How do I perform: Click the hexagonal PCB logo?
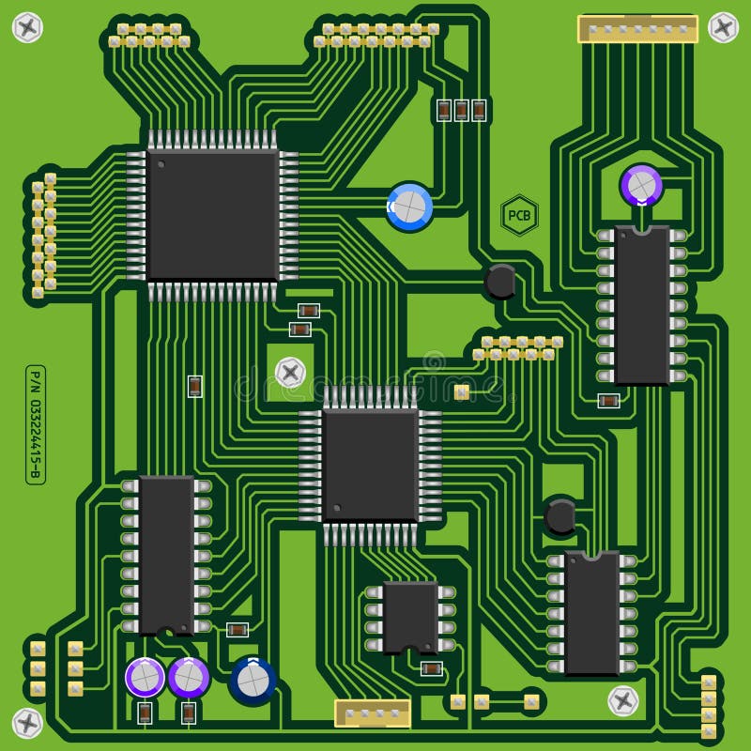(519, 216)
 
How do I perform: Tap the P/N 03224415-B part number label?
(35, 424)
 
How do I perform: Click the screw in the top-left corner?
(27, 27)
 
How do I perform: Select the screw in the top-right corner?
(723, 27)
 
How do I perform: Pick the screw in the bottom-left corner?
(27, 723)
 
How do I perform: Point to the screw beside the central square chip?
(290, 373)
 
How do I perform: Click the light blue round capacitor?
(410, 207)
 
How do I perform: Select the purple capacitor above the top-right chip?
(641, 185)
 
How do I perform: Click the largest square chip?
(213, 215)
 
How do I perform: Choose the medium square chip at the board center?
(370, 465)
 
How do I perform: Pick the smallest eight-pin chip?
(410, 617)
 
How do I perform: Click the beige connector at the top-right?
(637, 29)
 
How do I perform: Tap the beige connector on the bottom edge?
(373, 713)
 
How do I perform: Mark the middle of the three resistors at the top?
(461, 110)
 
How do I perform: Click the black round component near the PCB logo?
(500, 281)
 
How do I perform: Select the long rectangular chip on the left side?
(166, 555)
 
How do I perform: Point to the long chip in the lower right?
(591, 613)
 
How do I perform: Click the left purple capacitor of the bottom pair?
(146, 677)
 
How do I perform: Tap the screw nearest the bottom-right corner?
(623, 700)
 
